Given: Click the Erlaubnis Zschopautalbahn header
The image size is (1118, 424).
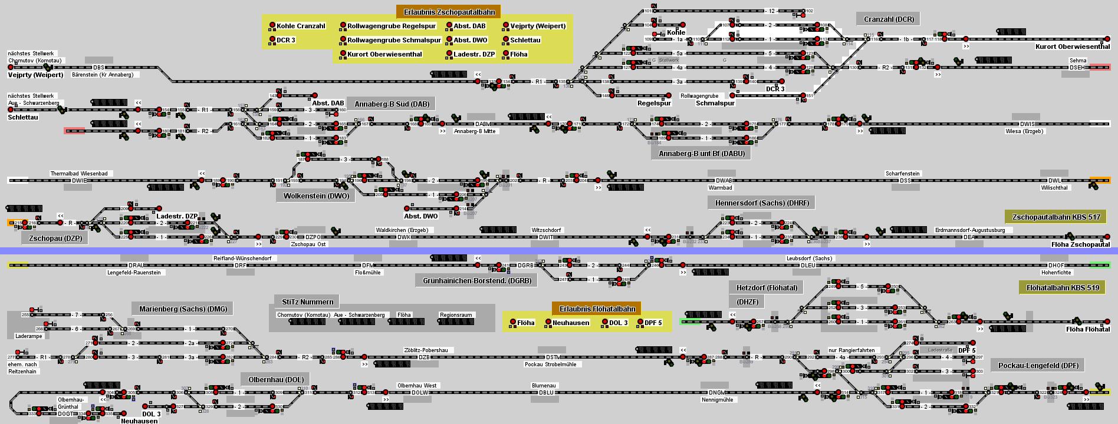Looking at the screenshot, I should [449, 12].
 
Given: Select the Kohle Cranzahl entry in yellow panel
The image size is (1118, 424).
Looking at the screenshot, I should [301, 26].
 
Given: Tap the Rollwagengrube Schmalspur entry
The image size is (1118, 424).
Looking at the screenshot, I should [393, 40].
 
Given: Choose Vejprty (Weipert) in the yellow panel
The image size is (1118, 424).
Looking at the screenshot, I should [537, 26].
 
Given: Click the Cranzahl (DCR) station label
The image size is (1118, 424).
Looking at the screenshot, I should [889, 19].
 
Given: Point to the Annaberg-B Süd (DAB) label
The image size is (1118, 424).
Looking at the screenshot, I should [392, 104].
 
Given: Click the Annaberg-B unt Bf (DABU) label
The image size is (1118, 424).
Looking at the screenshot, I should [701, 154].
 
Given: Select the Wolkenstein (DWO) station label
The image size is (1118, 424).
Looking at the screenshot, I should [316, 196].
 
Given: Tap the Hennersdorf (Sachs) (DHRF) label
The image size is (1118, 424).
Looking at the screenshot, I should [761, 203].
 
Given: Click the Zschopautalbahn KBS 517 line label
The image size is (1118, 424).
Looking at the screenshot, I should [1055, 217].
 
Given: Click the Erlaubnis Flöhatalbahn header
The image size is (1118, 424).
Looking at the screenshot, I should [597, 309].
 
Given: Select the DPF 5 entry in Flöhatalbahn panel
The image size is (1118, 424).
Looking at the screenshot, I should [653, 323].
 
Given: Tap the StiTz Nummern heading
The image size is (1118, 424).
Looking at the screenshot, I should [307, 302].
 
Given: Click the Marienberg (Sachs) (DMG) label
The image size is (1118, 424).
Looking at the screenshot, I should [182, 309].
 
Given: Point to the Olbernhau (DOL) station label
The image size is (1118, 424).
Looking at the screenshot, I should [276, 380].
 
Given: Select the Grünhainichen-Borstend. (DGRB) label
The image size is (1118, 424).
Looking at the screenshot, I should [476, 281].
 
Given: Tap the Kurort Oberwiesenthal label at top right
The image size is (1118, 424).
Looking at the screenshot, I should [1072, 47].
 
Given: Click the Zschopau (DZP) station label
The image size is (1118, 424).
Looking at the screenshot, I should [55, 238].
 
